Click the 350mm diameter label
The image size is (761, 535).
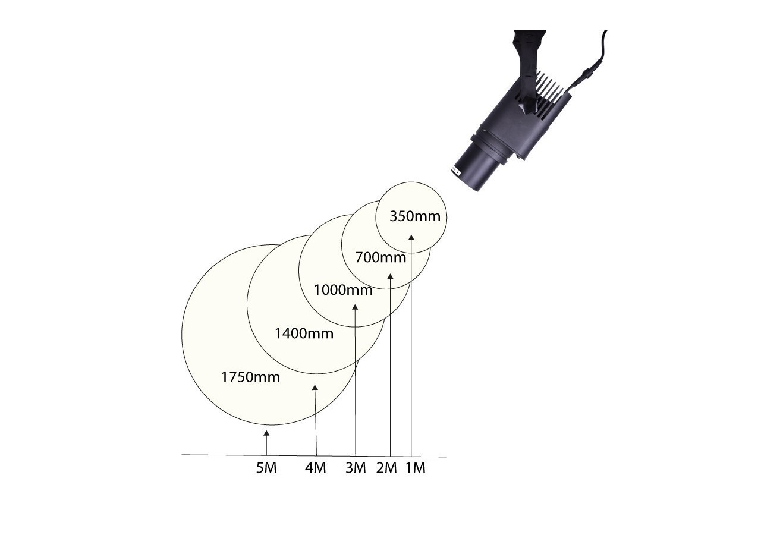coord(415,216)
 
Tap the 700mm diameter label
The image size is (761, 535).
coord(380,257)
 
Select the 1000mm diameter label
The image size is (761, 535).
coord(343,290)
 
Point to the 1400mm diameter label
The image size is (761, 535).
coord(304,333)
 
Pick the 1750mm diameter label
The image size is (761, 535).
coord(251,377)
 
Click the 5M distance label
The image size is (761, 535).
coord(266,468)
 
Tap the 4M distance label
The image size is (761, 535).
coord(315,468)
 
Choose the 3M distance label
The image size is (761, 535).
coord(356,468)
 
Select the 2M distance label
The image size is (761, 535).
coord(386,468)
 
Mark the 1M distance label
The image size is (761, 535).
coord(416,468)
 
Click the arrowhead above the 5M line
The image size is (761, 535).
coord(266,433)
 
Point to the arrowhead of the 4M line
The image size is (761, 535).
coord(315,387)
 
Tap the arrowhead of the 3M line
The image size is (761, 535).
coord(355,307)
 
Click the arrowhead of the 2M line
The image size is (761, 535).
coord(390,276)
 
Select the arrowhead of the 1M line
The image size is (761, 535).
coord(411,237)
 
